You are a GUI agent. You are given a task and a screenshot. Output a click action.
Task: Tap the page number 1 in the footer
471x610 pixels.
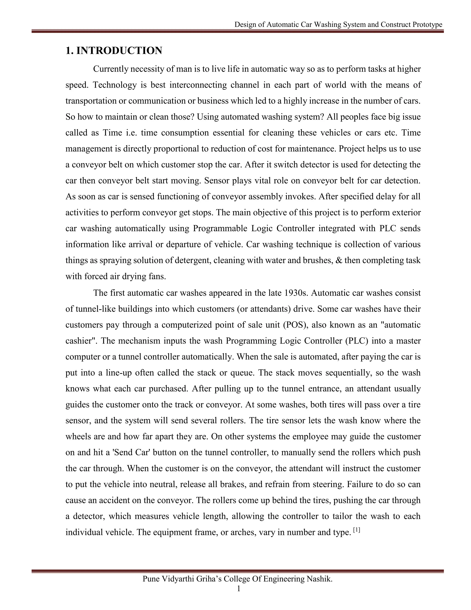pyautogui.click(x=238, y=589)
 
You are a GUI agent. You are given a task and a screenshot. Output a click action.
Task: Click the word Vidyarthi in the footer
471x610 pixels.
pyautogui.click(x=178, y=579)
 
